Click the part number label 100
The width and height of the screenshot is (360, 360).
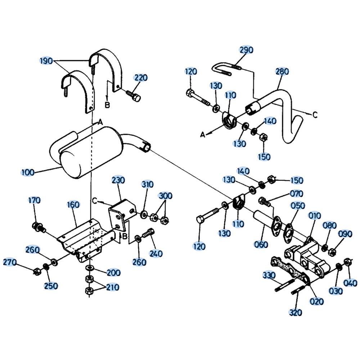(x=28, y=172)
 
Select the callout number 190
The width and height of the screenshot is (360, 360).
(x=46, y=60)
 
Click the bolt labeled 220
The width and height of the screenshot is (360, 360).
(x=134, y=95)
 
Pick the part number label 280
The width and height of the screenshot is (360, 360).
(x=282, y=71)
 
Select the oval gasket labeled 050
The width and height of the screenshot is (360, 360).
(x=289, y=230)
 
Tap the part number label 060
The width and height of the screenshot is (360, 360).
(x=261, y=244)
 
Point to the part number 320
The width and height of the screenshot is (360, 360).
(x=296, y=312)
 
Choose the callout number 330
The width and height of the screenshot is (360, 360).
(x=269, y=276)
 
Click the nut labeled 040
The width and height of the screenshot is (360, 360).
(x=347, y=262)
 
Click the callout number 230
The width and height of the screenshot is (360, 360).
(x=118, y=179)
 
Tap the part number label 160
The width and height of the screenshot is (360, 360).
(x=73, y=205)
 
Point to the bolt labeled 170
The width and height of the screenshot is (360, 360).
(x=37, y=227)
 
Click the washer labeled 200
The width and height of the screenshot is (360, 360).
(x=89, y=268)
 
